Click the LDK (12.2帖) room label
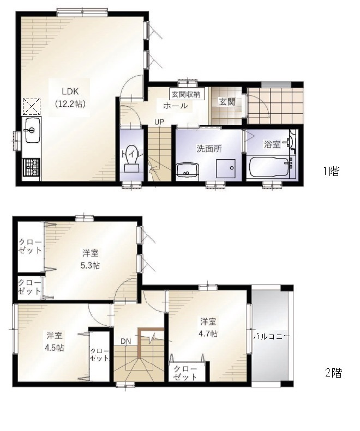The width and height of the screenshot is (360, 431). click(x=70, y=98)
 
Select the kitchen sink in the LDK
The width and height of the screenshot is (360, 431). click(x=32, y=130)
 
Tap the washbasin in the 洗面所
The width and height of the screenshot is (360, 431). click(x=188, y=171)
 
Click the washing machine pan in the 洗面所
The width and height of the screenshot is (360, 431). click(x=225, y=168)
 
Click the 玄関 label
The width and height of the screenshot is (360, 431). click(x=227, y=102)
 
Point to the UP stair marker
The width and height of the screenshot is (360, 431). click(x=159, y=122)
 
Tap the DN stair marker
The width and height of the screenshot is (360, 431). click(x=125, y=341)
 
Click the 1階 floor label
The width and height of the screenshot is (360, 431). click(x=332, y=171)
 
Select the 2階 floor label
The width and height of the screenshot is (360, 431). click(x=334, y=373)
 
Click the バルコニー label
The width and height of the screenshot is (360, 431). click(x=272, y=336)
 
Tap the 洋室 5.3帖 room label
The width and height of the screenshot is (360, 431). click(x=91, y=259)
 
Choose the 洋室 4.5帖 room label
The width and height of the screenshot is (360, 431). click(x=55, y=342)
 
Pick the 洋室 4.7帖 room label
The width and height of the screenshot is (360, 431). click(x=208, y=327)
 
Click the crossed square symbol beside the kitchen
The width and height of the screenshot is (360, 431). click(x=32, y=107)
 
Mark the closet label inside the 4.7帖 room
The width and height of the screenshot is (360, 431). click(x=186, y=373)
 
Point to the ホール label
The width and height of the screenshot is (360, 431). click(x=176, y=106)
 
